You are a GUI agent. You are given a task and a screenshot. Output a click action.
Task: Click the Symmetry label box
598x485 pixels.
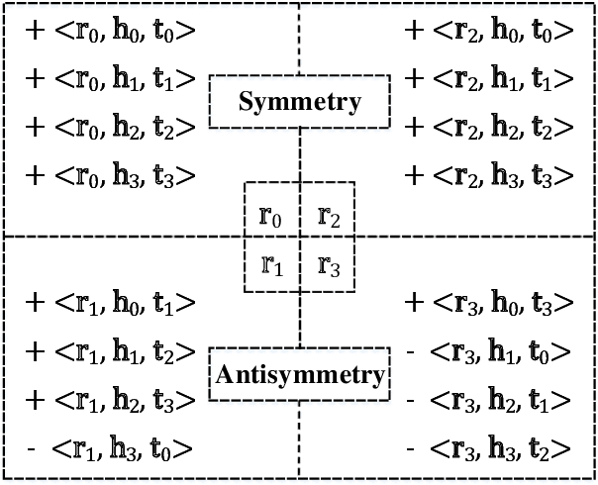(x=299, y=102)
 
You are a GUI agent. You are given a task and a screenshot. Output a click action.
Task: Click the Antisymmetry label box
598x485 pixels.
(x=299, y=375)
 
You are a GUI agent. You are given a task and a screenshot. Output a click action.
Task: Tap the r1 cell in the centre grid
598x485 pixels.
(x=272, y=263)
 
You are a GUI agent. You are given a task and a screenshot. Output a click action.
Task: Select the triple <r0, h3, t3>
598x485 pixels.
(x=125, y=176)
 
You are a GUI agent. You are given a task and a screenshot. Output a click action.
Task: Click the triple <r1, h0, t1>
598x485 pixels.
(x=125, y=303)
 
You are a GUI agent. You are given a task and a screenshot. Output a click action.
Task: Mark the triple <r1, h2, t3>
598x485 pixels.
(x=125, y=400)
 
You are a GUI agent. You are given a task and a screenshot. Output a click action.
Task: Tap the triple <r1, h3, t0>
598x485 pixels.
(x=125, y=449)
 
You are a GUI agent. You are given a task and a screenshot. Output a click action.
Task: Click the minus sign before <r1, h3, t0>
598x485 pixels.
(x=35, y=450)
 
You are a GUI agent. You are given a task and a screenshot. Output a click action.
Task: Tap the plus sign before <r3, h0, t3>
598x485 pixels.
(x=414, y=303)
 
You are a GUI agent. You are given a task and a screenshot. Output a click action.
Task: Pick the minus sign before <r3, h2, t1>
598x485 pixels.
(x=414, y=401)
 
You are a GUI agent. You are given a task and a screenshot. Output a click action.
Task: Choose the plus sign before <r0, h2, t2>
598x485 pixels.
(x=36, y=127)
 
